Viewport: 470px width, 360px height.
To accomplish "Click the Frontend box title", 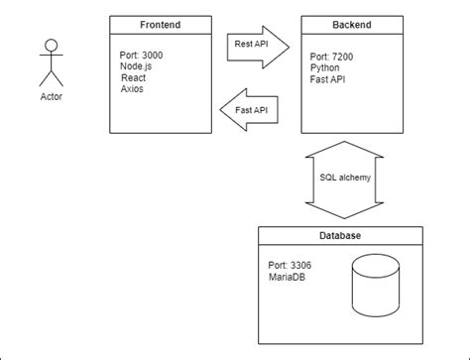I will (x=161, y=24).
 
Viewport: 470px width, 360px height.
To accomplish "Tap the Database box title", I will (x=340, y=236).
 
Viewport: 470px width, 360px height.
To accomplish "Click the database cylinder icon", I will (x=378, y=287).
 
